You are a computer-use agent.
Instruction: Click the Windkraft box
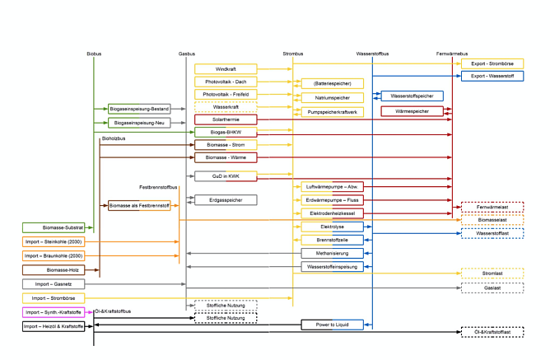point(225,69)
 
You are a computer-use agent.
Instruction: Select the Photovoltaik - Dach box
point(225,82)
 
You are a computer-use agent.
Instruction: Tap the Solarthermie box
point(225,119)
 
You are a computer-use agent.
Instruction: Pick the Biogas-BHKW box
point(225,132)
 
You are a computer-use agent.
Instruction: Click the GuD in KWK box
point(225,176)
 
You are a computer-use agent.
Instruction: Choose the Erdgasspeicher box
point(225,200)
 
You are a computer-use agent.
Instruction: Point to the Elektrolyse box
point(332,227)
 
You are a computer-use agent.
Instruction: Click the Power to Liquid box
point(332,325)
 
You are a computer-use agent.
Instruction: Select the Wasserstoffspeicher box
point(412,96)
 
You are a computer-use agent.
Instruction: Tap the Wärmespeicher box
point(412,111)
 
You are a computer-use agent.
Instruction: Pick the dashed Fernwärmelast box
point(492,208)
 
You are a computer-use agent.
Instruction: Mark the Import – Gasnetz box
point(53,284)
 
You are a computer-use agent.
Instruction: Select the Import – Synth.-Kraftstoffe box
point(53,313)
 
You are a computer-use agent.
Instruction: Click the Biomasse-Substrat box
point(53,227)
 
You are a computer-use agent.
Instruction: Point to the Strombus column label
point(292,54)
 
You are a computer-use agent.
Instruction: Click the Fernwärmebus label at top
point(451,54)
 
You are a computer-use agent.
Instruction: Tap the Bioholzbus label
point(113,139)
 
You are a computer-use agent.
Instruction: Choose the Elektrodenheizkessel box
point(332,213)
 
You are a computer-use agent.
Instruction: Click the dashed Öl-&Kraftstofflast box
point(492,332)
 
